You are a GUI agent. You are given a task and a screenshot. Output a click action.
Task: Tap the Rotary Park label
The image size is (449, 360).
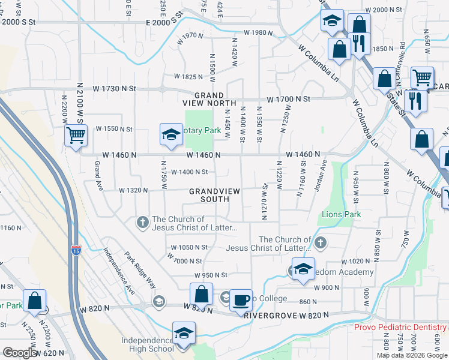200,130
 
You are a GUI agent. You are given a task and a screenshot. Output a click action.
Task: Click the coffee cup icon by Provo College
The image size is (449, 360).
241,300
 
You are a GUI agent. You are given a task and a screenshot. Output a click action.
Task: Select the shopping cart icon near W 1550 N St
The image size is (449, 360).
76,135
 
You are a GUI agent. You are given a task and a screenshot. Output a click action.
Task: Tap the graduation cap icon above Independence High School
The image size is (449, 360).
184,333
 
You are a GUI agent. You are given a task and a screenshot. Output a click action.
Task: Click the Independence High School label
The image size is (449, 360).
147,344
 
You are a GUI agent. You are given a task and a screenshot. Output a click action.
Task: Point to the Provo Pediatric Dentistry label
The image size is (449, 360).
400,327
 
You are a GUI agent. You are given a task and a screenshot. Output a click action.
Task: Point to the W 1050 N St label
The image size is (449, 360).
188,247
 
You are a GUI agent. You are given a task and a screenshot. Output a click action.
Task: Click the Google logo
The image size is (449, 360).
20,353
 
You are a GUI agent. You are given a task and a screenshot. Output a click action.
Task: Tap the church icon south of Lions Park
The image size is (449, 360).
321,242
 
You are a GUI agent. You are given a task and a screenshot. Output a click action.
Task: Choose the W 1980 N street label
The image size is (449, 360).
259,32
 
